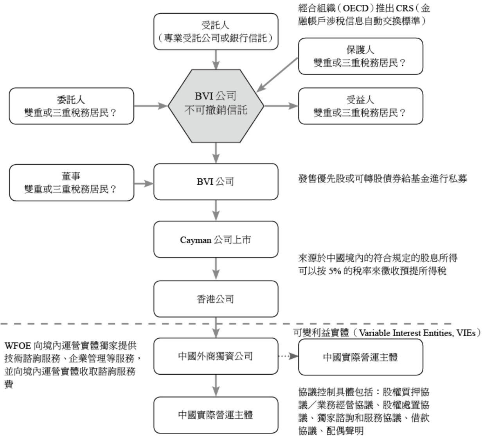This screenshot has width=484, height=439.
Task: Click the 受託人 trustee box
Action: [216, 32]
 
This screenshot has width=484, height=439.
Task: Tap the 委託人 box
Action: [71, 106]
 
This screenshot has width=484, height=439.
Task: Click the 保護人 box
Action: [360, 56]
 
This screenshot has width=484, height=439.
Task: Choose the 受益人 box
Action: [360, 106]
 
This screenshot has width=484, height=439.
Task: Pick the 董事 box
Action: [71, 183]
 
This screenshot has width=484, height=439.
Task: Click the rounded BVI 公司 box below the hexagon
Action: [216, 182]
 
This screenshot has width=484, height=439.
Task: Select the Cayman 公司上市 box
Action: [216, 240]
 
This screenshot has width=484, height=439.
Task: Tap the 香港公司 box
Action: [216, 299]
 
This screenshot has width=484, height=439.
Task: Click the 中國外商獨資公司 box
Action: [216, 356]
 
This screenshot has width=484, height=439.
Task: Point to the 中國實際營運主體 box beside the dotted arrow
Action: [360, 357]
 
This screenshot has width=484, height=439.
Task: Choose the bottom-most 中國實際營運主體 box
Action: [216, 415]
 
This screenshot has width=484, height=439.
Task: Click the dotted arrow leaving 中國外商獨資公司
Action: [288, 356]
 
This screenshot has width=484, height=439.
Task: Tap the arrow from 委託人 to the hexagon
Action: [151, 106]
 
